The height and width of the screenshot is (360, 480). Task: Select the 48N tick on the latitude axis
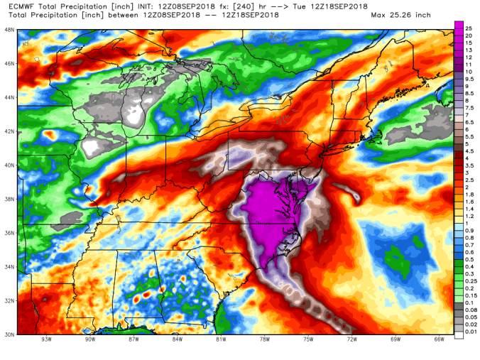[x=9, y=30]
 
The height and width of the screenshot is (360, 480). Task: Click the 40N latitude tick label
[x=9, y=165]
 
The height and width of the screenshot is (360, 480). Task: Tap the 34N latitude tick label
[x=9, y=267]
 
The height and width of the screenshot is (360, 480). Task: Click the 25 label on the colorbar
[x=469, y=26]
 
